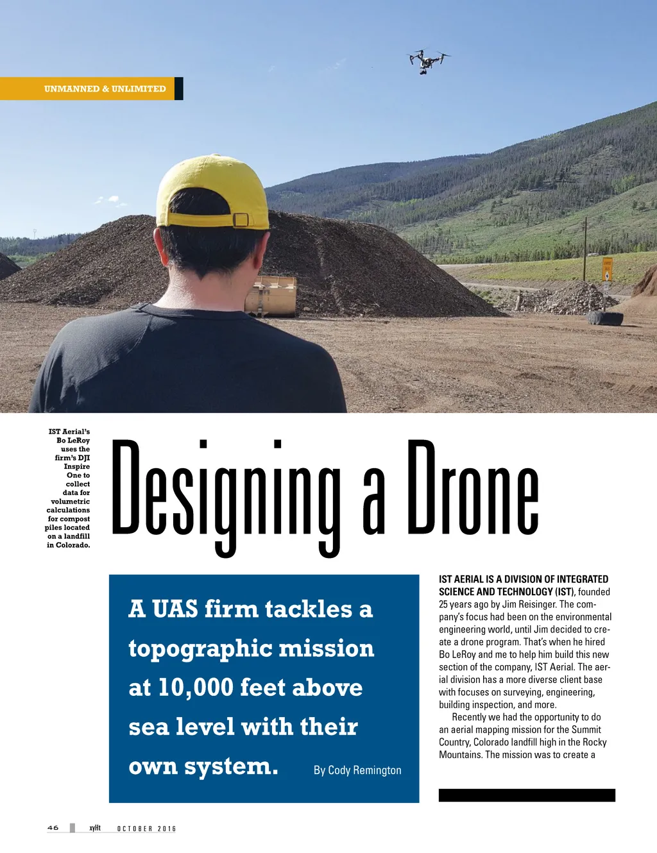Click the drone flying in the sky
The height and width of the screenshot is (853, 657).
pos(427,62)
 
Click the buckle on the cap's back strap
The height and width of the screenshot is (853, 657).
pos(241,220)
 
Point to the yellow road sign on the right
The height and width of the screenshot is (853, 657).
pos(607,269)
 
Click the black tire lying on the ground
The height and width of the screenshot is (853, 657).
pos(605,318)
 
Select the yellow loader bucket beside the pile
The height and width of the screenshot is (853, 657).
pos(272,296)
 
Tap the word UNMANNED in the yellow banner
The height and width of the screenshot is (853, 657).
pos(72,89)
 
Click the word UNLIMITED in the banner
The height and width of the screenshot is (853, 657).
pos(139,89)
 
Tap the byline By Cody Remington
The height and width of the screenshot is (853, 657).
pos(357,770)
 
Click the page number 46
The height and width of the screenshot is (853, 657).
pos(53,828)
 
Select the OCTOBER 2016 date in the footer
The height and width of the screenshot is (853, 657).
pos(146,829)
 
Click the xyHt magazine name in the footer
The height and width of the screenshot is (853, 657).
pos(95,828)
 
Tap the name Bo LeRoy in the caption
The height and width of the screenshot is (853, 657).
pos(73,441)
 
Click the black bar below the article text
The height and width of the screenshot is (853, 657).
pos(527,795)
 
